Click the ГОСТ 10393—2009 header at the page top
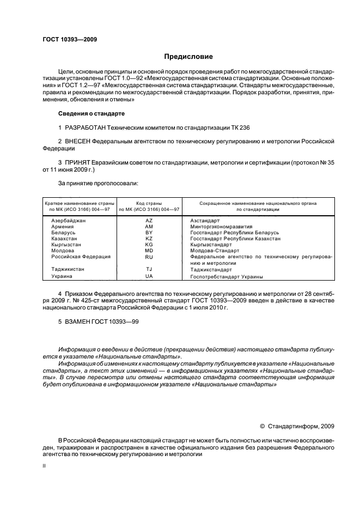[69, 39]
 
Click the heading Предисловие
[188, 56]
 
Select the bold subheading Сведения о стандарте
[91, 113]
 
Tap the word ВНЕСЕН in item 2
[78, 141]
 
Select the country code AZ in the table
[149, 220]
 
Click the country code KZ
[149, 239]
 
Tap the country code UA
[149, 276]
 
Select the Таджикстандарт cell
[211, 269]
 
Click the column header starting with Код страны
[149, 206]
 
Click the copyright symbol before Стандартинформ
[262, 426]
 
